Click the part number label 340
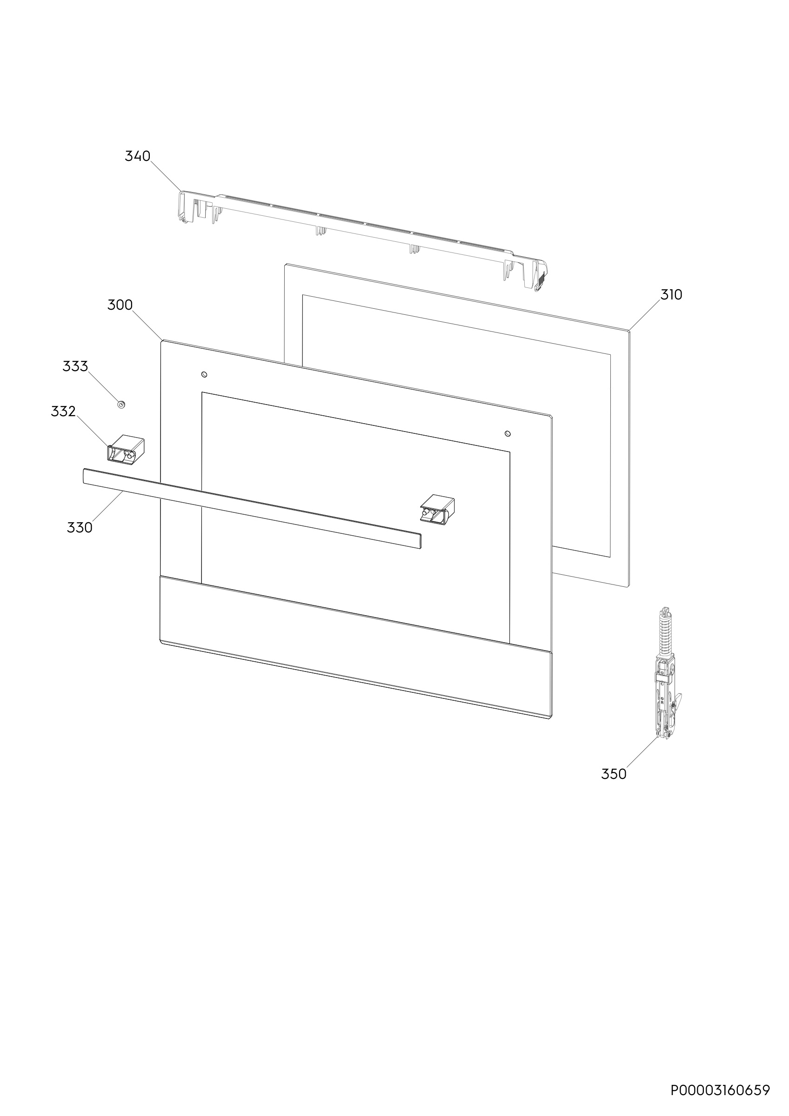tap(138, 156)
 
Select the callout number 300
tap(120, 305)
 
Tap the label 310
tap(671, 294)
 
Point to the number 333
tap(75, 366)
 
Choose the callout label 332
tap(63, 411)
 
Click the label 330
tap(80, 527)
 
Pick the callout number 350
tap(614, 774)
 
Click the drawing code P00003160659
tap(721, 1090)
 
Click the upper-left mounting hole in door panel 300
tap(205, 374)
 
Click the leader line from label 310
tap(645, 315)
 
